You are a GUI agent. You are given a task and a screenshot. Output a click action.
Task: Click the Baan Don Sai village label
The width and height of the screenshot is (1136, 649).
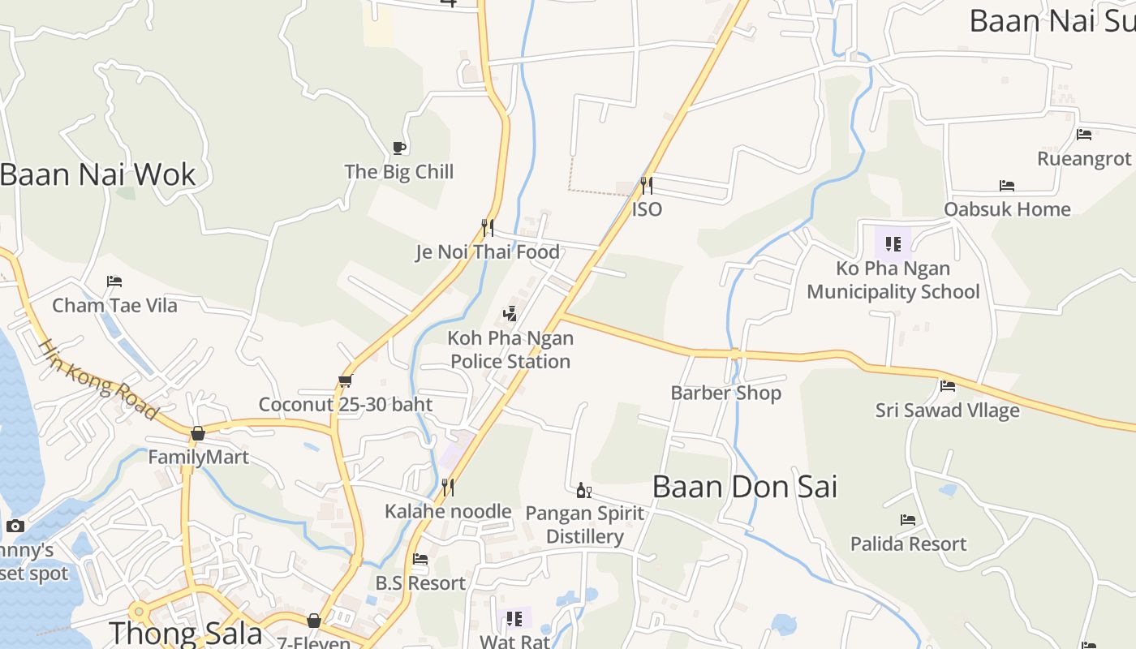tap(744, 487)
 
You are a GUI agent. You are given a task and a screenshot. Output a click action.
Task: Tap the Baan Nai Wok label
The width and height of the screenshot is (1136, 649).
tap(97, 174)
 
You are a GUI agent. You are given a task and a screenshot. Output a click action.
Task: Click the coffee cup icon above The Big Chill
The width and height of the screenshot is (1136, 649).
tap(398, 148)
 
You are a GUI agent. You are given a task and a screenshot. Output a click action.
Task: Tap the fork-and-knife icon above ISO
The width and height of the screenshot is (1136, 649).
tap(646, 186)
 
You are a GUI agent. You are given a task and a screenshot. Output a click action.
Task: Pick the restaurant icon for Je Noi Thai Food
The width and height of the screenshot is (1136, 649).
tap(488, 227)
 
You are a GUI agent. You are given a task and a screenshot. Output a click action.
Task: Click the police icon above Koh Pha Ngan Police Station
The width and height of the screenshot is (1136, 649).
tap(510, 313)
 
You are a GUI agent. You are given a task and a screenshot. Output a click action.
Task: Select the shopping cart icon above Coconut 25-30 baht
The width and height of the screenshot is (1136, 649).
tap(345, 380)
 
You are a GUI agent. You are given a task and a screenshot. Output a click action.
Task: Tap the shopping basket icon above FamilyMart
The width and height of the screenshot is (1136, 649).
tap(198, 434)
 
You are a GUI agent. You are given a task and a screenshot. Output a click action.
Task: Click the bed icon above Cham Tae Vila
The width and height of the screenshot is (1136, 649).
tap(114, 282)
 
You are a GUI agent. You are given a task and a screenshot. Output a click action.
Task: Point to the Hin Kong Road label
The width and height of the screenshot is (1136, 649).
tap(98, 379)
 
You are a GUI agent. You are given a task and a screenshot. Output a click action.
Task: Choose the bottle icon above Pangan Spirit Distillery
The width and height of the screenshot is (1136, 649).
tap(583, 490)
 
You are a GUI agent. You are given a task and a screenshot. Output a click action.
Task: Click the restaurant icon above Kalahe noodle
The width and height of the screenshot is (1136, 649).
tap(447, 487)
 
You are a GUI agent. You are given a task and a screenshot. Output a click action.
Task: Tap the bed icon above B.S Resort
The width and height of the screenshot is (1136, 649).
tap(420, 559)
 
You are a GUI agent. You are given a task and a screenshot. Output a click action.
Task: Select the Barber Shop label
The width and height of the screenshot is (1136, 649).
tap(725, 393)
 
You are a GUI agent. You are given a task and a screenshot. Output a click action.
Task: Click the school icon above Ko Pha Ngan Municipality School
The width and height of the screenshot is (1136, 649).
tap(893, 243)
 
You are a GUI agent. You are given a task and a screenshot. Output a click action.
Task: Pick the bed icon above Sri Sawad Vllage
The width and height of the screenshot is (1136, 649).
tap(948, 386)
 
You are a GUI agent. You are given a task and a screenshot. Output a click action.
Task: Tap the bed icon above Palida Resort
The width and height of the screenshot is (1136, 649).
tap(908, 519)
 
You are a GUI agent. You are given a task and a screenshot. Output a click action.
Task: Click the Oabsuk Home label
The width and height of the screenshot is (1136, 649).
tap(1007, 209)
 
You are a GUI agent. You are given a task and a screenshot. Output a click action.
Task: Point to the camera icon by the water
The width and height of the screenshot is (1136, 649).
tap(15, 526)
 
